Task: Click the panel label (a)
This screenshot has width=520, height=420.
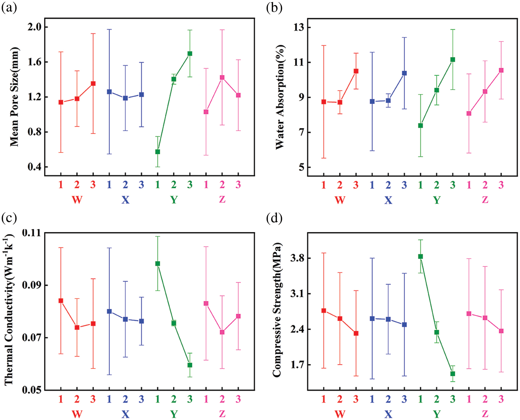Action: tap(9, 8)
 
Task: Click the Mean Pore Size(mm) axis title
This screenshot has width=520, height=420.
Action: tap(14, 97)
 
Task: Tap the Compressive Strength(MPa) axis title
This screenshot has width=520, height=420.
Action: tap(277, 310)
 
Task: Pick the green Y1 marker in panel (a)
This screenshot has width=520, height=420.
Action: tap(158, 152)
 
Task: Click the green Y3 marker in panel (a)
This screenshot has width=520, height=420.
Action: tap(190, 53)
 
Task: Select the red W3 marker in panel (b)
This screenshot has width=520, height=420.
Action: tap(356, 71)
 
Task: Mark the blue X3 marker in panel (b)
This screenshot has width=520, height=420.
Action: tap(404, 73)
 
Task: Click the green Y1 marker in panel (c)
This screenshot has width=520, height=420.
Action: tap(158, 264)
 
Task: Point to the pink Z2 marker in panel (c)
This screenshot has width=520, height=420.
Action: tap(222, 332)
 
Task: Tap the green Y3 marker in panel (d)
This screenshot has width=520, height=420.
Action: tap(453, 374)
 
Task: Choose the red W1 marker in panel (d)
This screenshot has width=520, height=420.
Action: tap(323, 310)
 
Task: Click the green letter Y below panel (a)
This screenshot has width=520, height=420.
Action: tap(174, 200)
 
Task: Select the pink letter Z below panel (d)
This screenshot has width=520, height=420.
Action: tap(485, 414)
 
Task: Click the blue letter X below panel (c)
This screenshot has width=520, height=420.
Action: tap(125, 414)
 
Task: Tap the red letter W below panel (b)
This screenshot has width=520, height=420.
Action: tap(340, 200)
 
